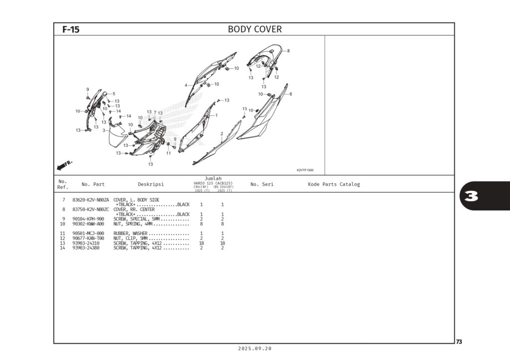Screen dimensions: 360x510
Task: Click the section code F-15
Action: click(71, 29)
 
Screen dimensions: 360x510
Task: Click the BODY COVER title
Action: click(255, 29)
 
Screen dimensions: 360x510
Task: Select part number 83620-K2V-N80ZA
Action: click(91, 200)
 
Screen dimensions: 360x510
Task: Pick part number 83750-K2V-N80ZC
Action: click(91, 209)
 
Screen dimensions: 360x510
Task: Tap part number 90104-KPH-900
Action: click(88, 219)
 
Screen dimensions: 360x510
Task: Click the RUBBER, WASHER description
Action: click(130, 234)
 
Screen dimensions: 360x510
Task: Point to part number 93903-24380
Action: click(86, 248)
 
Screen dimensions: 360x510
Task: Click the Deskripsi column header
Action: click(150, 184)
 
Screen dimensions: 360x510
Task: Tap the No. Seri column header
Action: click(262, 184)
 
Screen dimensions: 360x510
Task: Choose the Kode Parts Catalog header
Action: click(334, 184)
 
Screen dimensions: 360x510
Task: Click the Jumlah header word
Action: click(213, 178)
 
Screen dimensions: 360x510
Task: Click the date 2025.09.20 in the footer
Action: click(255, 349)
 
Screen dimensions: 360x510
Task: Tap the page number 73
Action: click(459, 342)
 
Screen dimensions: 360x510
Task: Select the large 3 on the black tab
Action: click(472, 196)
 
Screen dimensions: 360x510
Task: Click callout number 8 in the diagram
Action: click(288, 51)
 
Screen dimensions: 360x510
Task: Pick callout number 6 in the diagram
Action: click(290, 94)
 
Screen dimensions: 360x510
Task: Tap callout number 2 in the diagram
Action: click(221, 133)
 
